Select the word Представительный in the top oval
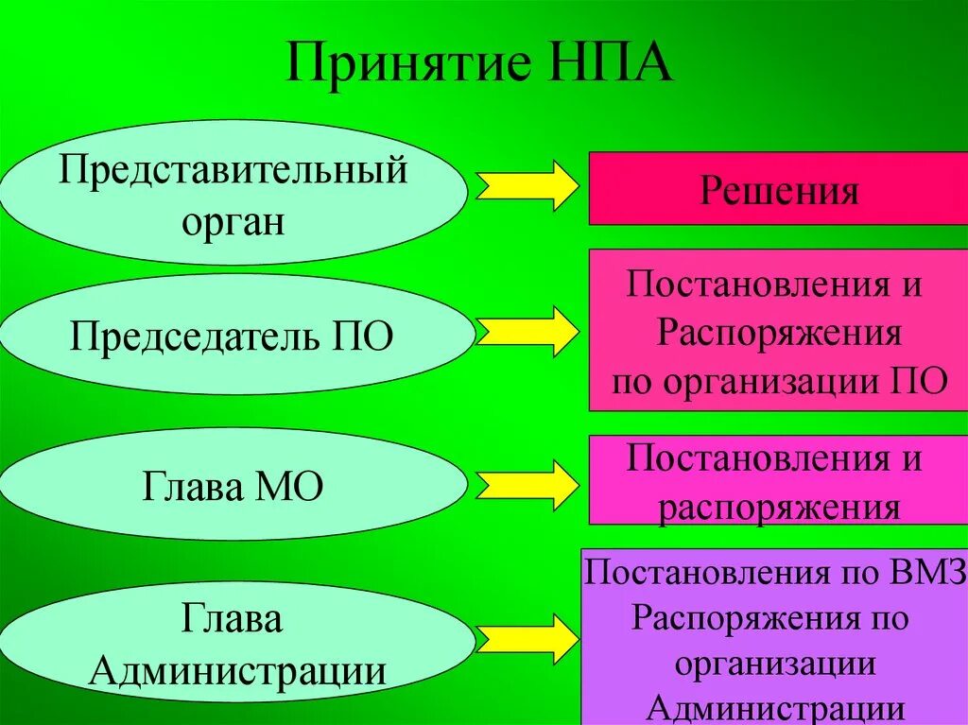pyautogui.click(x=233, y=171)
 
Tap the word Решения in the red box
pyautogui.click(x=779, y=191)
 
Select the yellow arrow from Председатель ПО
pyautogui.click(x=527, y=332)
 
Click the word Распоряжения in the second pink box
pyautogui.click(x=778, y=332)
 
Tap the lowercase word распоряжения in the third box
pyautogui.click(x=778, y=509)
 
